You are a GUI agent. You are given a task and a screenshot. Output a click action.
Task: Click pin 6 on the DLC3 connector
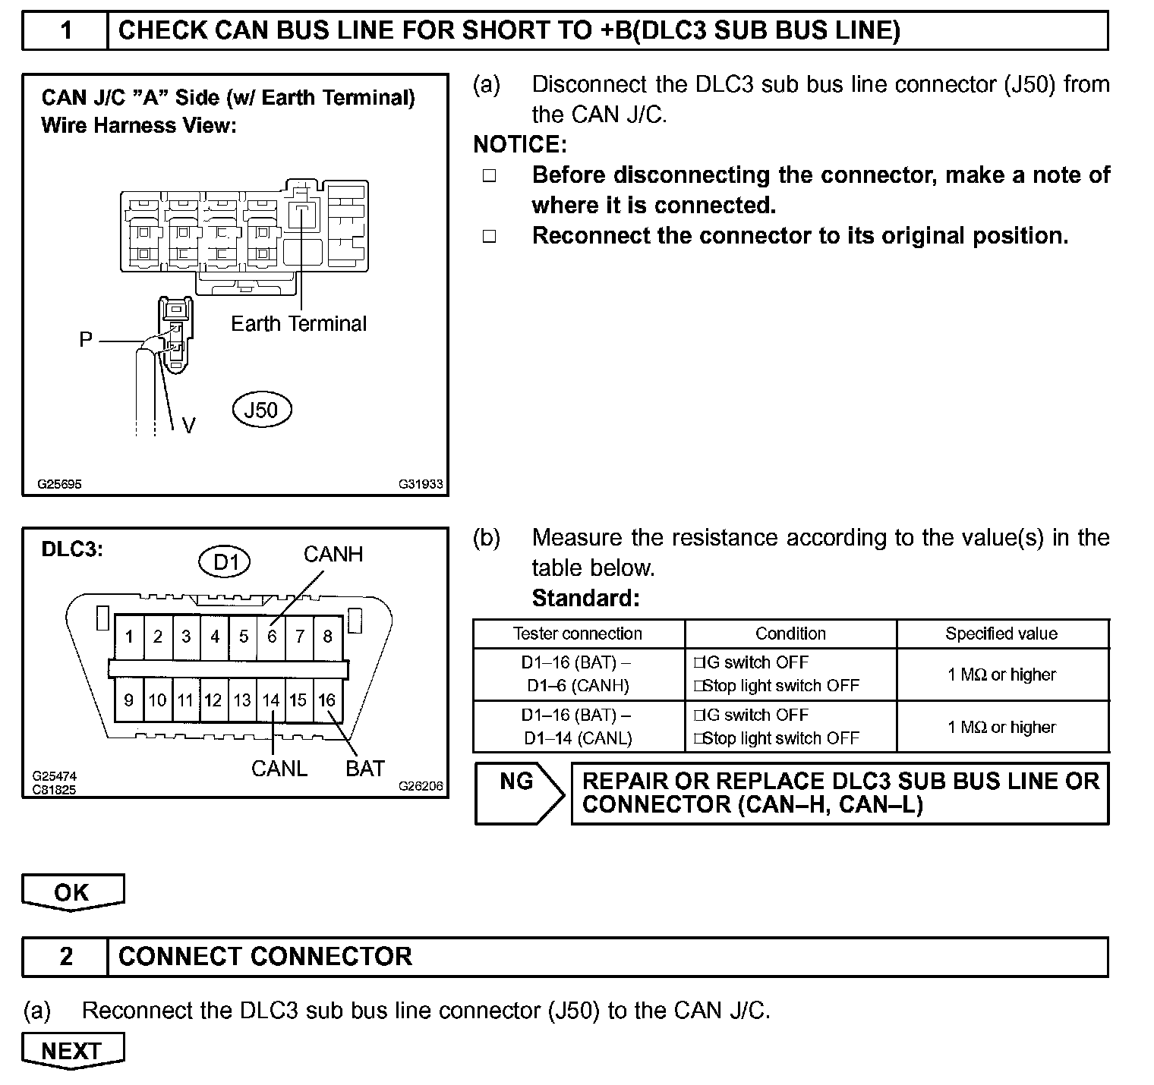coord(272,637)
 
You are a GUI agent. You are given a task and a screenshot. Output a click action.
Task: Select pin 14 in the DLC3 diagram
coord(271,700)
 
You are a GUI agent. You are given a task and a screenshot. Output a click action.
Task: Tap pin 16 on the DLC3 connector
coord(326,700)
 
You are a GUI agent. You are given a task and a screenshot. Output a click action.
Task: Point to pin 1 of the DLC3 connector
coord(129,637)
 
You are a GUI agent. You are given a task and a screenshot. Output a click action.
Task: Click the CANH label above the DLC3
coord(333,555)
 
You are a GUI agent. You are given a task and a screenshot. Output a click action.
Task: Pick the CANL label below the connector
coord(279,769)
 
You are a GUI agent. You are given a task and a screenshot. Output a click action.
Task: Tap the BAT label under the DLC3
coord(365,769)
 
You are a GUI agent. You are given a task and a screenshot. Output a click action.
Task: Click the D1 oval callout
coord(225,562)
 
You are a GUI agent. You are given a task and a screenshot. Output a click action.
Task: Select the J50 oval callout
coord(261,410)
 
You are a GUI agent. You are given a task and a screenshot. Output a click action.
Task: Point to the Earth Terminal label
coord(298,324)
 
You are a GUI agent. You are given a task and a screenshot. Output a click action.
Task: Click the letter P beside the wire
coord(86,340)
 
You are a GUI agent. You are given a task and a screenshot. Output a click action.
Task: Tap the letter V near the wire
coord(189,426)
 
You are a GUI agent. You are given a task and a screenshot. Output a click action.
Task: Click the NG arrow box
coord(519,793)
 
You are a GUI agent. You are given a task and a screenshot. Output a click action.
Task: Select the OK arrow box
coord(72,892)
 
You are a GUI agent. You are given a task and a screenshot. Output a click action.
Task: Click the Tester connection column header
coord(578,634)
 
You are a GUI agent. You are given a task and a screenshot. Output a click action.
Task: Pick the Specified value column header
coord(1001,634)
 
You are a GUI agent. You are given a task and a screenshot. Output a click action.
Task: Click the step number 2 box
coord(66,957)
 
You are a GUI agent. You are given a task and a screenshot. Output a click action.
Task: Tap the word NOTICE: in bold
coord(520,144)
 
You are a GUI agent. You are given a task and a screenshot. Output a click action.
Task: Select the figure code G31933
coord(421,484)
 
